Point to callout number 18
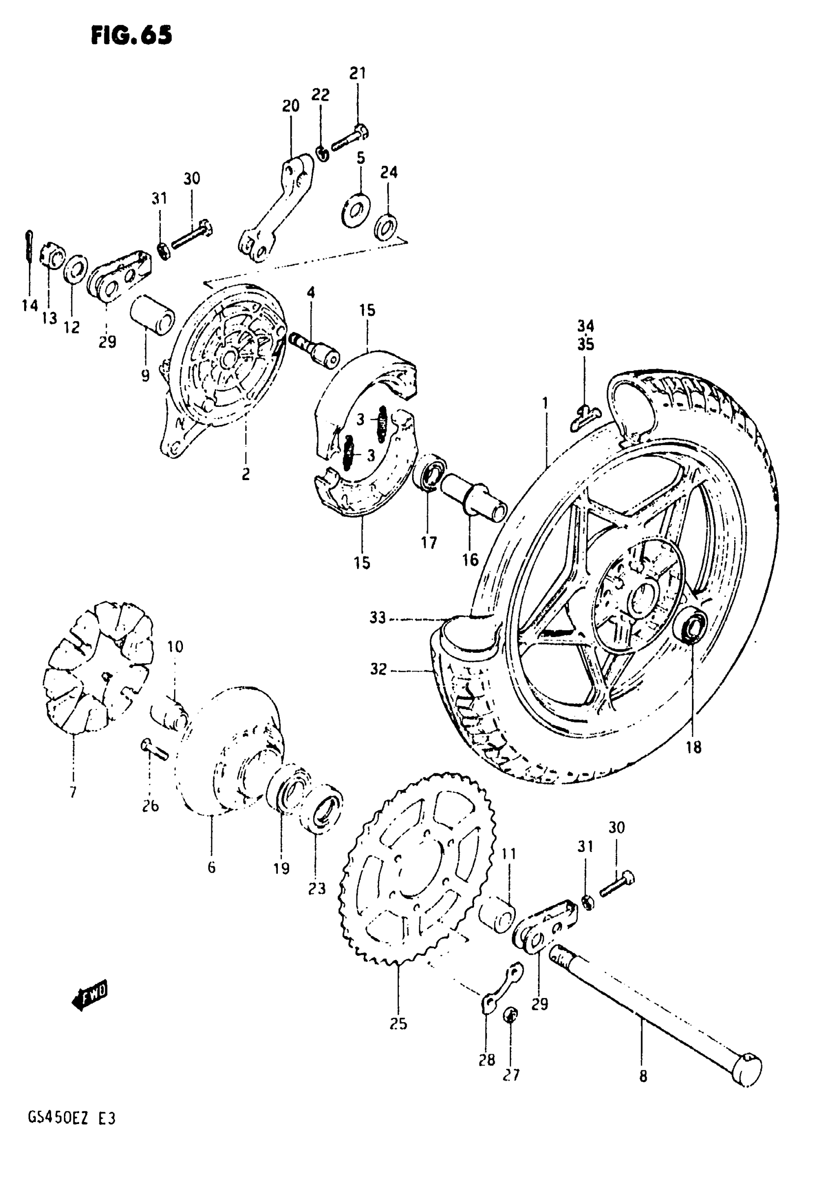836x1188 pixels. point(693,747)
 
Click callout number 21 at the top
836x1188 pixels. point(358,73)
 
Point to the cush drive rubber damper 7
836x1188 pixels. point(98,668)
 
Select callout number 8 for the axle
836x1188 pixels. point(643,1076)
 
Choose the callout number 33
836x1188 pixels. point(378,618)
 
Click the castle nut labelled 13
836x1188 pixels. point(51,256)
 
